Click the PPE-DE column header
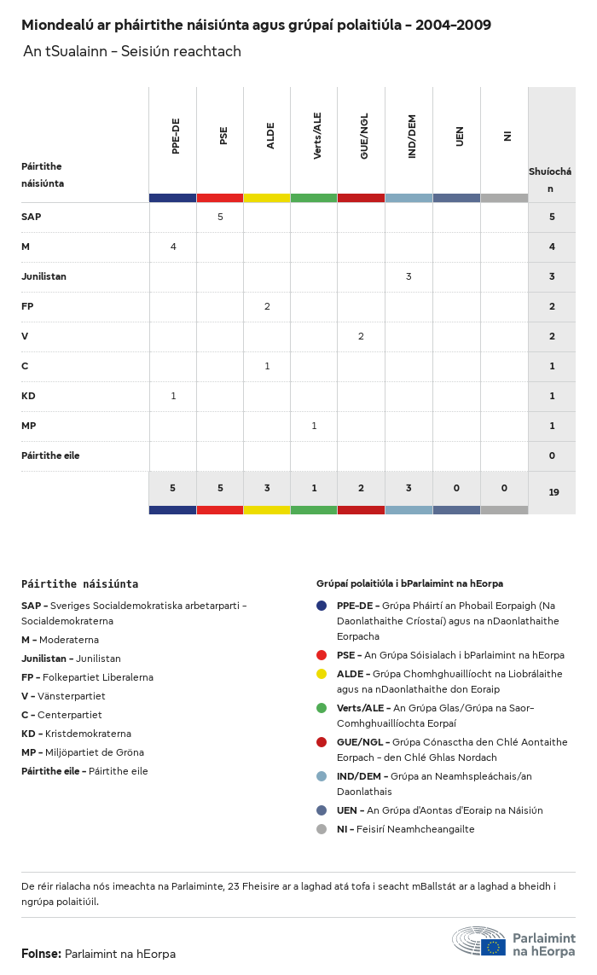pyautogui.click(x=176, y=136)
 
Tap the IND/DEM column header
pyautogui.click(x=412, y=137)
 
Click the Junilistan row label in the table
pyautogui.click(x=43, y=276)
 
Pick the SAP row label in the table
pyautogui.click(x=31, y=217)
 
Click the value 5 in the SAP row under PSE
pyautogui.click(x=220, y=217)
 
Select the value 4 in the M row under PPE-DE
pyautogui.click(x=173, y=247)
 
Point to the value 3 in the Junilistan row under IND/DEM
pyautogui.click(x=409, y=276)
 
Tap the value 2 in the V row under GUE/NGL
pyautogui.click(x=361, y=336)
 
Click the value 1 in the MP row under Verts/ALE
pyautogui.click(x=314, y=426)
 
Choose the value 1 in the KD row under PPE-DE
pyautogui.click(x=173, y=396)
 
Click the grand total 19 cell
pyautogui.click(x=554, y=492)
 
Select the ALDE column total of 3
pyautogui.click(x=267, y=488)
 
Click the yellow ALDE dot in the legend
pyautogui.click(x=322, y=673)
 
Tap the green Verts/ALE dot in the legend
pyautogui.click(x=322, y=708)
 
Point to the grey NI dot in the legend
pyautogui.click(x=322, y=829)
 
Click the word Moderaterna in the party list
pyautogui.click(x=69, y=640)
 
